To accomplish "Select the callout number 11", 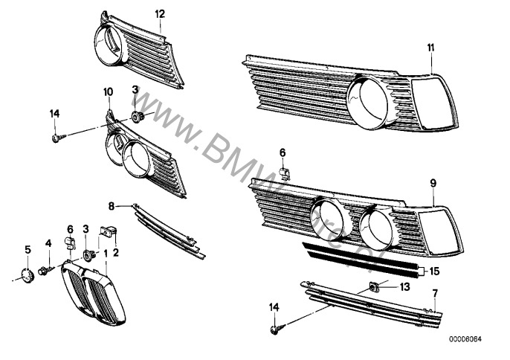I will pos(430,48).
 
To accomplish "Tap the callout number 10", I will pos(108,91).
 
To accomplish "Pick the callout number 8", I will pos(112,205).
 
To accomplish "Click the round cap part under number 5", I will pos(28,276).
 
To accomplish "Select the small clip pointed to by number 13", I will pos(375,286).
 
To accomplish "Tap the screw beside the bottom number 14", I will pos(275,326).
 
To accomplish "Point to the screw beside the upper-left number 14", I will pos(57,137).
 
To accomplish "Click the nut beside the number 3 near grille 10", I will pos(137,115).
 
